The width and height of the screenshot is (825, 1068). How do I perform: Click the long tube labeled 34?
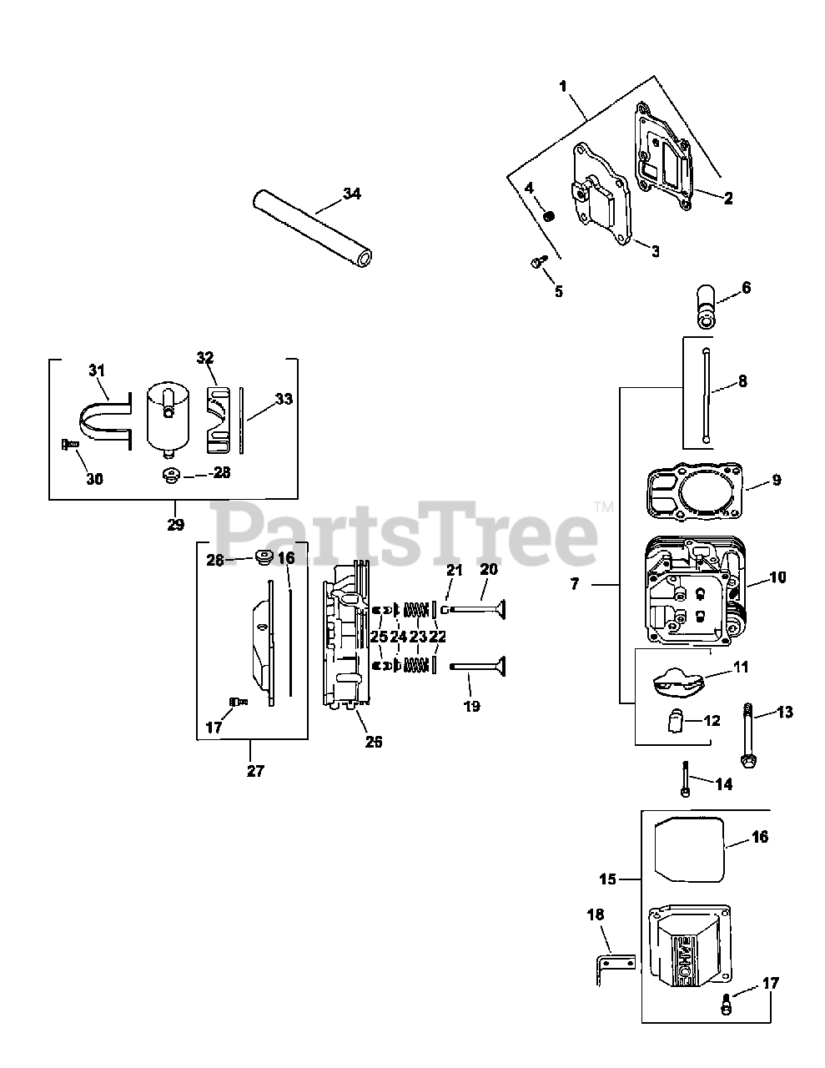click(x=311, y=228)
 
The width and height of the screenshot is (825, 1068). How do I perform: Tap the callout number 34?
click(x=352, y=194)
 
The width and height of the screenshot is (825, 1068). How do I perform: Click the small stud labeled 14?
click(x=685, y=779)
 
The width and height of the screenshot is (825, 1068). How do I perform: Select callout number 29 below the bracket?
click(x=174, y=525)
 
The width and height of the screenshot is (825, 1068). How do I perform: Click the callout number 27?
click(x=255, y=771)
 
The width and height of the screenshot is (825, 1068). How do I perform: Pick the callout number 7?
click(x=575, y=585)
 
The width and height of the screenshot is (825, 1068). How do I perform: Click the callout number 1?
click(x=563, y=86)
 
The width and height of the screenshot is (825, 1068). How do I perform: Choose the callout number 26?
click(x=374, y=741)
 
